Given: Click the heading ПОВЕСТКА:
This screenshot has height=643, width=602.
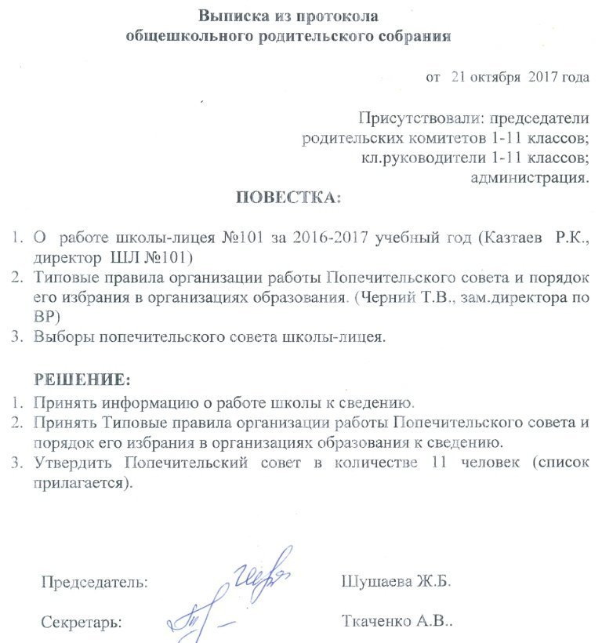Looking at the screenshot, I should coord(289,197).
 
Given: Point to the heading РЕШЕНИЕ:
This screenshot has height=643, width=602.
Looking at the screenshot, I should coord(82,380).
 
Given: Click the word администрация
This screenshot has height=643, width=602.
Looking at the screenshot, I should coord(528,177).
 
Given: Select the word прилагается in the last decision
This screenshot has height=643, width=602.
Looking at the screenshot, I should coord(78,482).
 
